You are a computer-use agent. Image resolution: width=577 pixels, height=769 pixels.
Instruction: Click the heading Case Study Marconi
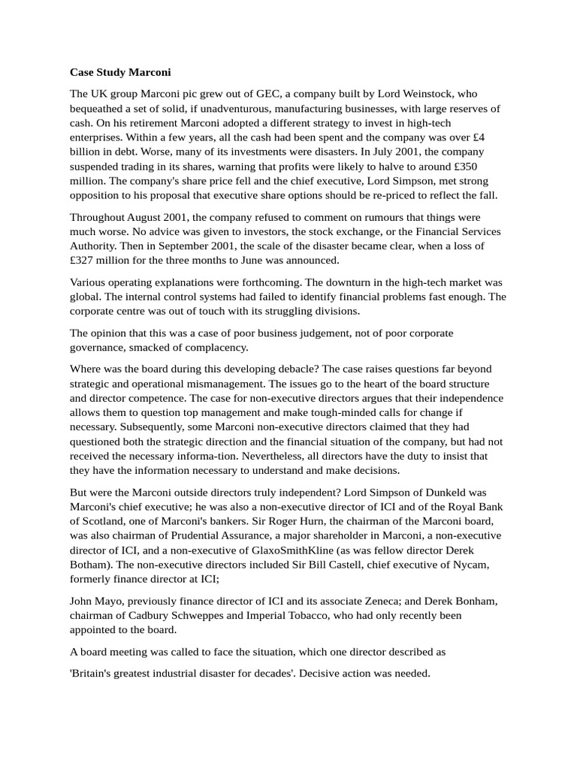point(120,73)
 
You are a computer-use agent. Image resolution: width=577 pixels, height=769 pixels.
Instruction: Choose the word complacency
point(216,347)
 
